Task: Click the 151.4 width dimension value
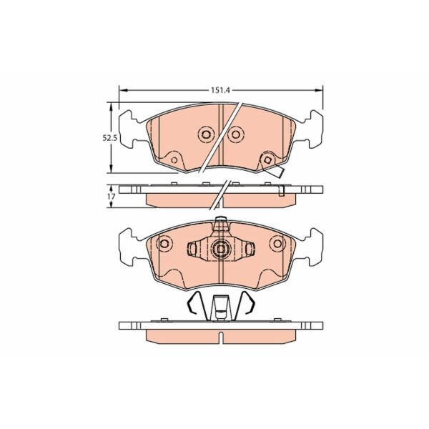(221, 90)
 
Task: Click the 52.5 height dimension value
(109, 138)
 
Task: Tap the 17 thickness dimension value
(112, 197)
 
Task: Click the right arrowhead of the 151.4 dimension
(318, 90)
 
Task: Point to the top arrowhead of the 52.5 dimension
(111, 107)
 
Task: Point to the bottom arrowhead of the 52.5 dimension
(111, 168)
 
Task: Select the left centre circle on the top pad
(206, 134)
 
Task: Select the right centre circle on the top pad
(236, 134)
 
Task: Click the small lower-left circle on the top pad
(174, 160)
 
